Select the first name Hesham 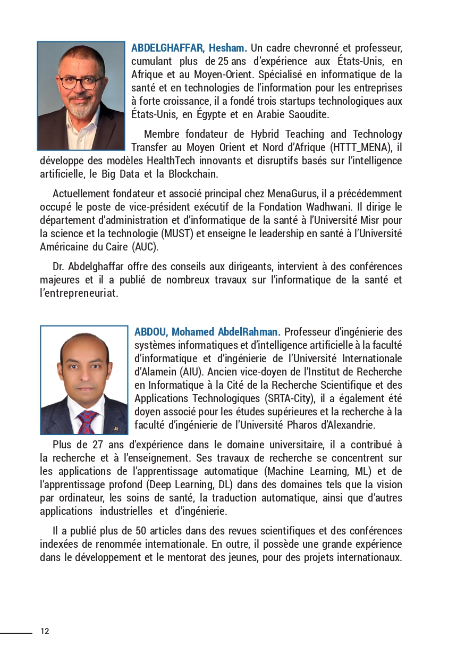pyautogui.click(x=228, y=48)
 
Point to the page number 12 pyautogui.click(x=45, y=631)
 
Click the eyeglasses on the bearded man pyautogui.click(x=80, y=82)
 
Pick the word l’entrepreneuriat pyautogui.click(x=79, y=293)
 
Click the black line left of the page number pyautogui.click(x=16, y=633)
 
